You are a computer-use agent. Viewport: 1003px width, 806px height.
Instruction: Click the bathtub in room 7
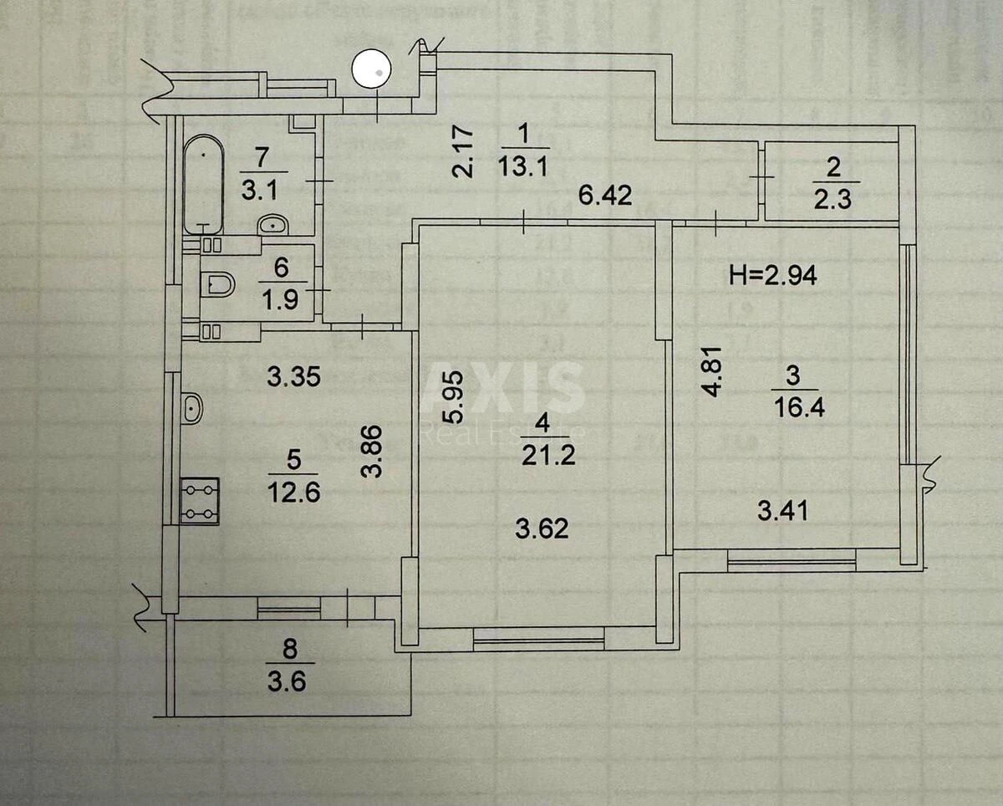tap(204, 185)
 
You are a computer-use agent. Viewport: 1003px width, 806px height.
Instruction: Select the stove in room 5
tap(200, 501)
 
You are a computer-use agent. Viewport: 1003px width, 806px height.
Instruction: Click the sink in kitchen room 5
tap(191, 408)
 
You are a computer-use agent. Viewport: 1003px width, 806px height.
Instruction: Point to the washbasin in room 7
tap(272, 224)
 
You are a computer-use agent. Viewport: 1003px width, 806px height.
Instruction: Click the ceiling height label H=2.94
tap(774, 275)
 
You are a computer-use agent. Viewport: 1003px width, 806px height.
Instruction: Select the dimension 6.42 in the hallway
tap(605, 196)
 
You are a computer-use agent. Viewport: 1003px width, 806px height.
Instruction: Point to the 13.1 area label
tap(522, 166)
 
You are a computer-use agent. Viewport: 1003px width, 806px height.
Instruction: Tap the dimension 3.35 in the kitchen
tap(293, 377)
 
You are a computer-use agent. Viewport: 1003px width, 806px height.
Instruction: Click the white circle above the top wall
tap(373, 70)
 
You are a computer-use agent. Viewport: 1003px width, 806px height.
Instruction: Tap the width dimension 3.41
tap(782, 509)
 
